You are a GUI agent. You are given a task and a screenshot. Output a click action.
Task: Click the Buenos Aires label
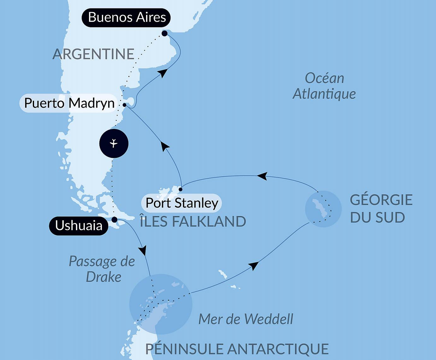tap(126, 17)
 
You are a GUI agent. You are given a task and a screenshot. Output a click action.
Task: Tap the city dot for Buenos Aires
tap(164, 33)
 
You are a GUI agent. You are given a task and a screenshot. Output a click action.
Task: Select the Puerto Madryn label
tap(69, 103)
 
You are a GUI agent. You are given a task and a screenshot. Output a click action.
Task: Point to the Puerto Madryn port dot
tap(125, 105)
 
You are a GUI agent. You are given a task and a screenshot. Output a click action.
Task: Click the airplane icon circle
tap(114, 143)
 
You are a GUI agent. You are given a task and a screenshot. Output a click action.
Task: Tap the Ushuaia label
tap(79, 226)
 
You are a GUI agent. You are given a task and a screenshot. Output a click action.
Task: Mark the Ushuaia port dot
tap(115, 219)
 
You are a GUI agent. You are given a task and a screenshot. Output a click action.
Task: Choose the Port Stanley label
tap(182, 203)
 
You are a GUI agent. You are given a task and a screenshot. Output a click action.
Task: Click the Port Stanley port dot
tap(181, 189)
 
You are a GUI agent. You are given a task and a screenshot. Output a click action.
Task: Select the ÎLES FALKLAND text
tap(193, 222)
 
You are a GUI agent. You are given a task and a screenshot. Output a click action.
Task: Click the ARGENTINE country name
tap(93, 54)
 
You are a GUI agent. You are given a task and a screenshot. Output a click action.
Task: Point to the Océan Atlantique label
tap(324, 86)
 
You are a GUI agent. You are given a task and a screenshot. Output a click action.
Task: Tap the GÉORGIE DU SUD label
tap(381, 208)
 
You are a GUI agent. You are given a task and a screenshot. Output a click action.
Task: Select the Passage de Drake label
tap(102, 269)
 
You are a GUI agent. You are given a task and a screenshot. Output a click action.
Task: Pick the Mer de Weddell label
tap(246, 319)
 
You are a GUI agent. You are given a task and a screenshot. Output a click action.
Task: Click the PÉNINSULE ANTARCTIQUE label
tap(237, 349)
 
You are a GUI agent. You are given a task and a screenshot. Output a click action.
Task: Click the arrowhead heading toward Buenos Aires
tap(162, 73)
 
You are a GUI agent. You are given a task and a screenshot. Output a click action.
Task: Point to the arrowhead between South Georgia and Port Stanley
tap(262, 176)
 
